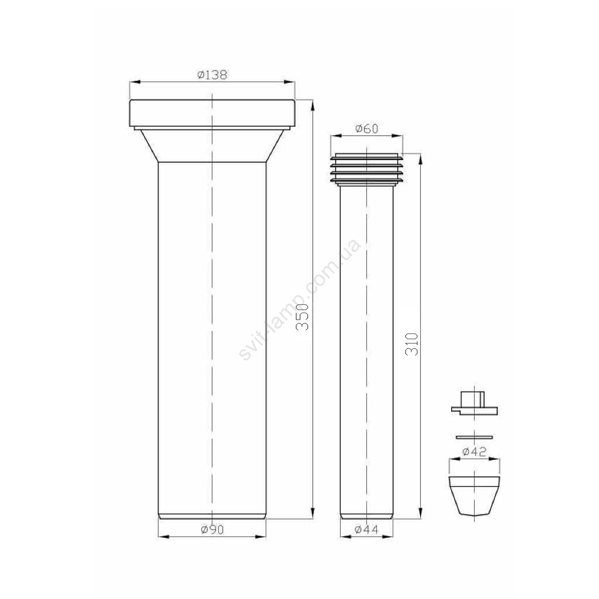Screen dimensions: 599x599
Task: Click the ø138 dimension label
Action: (212, 75)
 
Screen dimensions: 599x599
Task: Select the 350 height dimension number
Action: (303, 317)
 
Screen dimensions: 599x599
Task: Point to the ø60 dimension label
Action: (366, 129)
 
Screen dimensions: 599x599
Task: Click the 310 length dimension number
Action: (411, 344)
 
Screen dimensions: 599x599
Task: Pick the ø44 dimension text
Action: (366, 530)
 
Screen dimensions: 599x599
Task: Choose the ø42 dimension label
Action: (474, 452)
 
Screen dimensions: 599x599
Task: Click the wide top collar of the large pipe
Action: (212, 113)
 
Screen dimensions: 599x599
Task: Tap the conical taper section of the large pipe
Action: (212, 146)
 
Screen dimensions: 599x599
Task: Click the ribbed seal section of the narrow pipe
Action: (366, 169)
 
